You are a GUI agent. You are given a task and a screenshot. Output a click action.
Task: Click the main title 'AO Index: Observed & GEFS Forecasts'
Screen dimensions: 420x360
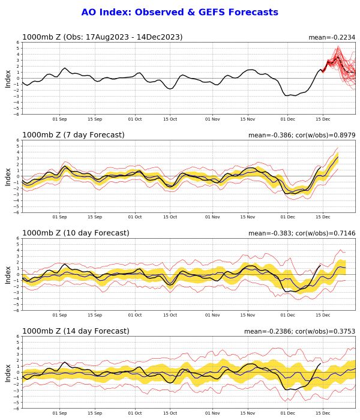[180, 12]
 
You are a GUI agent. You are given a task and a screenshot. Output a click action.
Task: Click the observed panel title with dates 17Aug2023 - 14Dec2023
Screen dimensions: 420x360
[102, 37]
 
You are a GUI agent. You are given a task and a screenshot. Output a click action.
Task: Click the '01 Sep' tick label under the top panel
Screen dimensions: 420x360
[59, 119]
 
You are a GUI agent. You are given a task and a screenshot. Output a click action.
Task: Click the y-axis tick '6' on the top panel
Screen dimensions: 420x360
[18, 43]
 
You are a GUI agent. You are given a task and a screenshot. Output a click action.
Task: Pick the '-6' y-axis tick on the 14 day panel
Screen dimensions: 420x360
[17, 408]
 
